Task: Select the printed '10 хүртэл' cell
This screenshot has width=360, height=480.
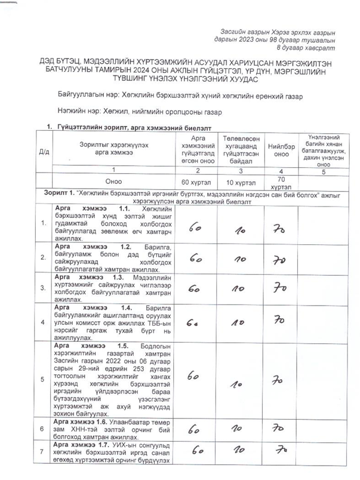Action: tap(238, 181)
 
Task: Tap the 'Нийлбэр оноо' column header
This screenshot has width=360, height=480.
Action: tap(276, 149)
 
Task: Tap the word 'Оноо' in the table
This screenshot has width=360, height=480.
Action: tap(113, 181)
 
